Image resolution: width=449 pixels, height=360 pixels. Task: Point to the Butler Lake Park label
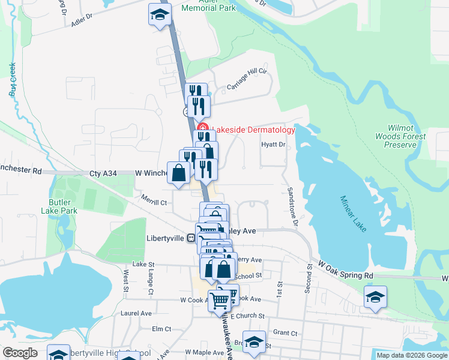click(x=59, y=207)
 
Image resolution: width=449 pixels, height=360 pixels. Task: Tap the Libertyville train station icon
click(x=191, y=238)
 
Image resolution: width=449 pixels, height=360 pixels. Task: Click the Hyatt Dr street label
click(x=273, y=145)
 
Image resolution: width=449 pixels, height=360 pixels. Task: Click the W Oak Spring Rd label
click(x=346, y=269)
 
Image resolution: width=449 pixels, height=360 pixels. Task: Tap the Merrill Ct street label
click(x=154, y=203)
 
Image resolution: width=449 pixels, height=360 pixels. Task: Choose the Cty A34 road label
click(x=103, y=173)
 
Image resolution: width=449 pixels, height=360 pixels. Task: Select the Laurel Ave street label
click(x=136, y=313)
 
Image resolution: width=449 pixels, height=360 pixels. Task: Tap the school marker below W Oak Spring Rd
click(x=376, y=298)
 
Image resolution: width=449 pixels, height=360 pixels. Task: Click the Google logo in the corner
click(x=20, y=353)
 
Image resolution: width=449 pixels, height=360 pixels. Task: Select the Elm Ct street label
click(x=161, y=329)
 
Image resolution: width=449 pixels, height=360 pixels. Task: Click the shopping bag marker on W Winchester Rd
click(x=179, y=173)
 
